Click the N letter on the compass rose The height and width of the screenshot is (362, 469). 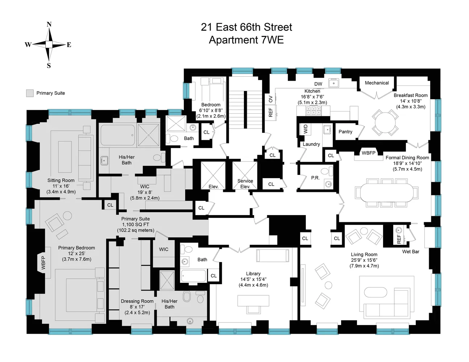[49, 25]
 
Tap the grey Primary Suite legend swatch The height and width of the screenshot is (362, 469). [30, 93]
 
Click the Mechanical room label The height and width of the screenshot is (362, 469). [377, 83]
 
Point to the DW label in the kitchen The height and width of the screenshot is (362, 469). [318, 84]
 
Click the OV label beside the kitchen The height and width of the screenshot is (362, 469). [270, 99]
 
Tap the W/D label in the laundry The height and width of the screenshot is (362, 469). [305, 129]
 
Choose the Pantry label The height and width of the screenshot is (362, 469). [345, 132]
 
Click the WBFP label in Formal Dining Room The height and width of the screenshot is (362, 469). [368, 153]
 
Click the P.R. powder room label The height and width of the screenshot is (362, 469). [315, 178]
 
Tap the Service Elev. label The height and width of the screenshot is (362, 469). [245, 184]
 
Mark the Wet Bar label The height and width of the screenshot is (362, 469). [410, 252]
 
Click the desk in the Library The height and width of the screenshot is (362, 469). [253, 300]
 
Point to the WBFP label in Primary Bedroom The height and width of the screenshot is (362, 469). [43, 263]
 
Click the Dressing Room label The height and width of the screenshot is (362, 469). [137, 301]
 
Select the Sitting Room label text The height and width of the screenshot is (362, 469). [61, 180]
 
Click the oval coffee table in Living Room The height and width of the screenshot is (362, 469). [376, 292]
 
